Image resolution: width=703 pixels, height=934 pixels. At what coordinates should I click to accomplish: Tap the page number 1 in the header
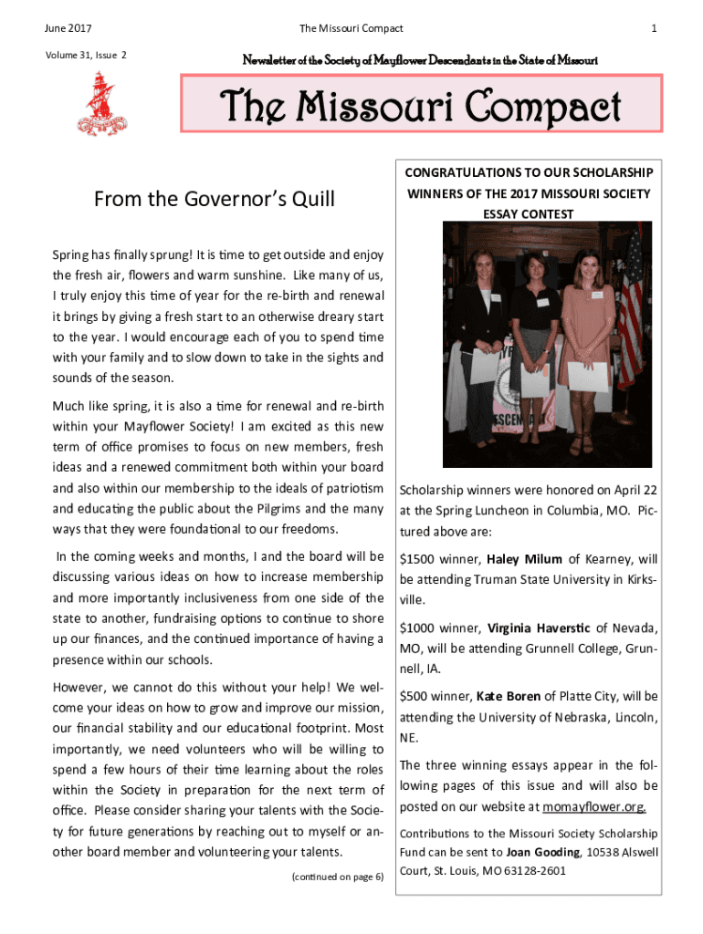click(654, 29)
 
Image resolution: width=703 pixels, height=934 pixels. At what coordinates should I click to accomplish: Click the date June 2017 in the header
click(61, 29)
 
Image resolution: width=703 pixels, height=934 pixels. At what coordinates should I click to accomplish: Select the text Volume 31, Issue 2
click(85, 56)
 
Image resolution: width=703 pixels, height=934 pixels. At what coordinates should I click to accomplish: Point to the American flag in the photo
click(630, 310)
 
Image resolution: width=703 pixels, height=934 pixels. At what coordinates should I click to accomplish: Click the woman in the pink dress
click(588, 337)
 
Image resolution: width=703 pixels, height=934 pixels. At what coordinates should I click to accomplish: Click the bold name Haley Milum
click(524, 559)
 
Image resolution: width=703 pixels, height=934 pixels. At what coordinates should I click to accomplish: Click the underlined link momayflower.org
click(594, 807)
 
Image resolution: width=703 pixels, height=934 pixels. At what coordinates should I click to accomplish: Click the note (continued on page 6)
click(338, 877)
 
